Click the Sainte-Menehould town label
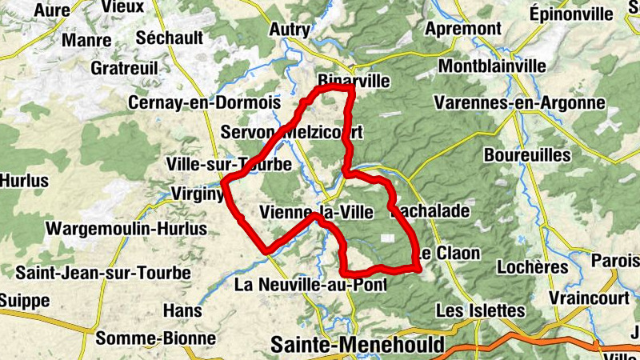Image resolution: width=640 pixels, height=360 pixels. point(357,345)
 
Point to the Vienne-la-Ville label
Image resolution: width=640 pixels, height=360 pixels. point(312,213)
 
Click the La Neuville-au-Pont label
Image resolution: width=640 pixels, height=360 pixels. point(311,285)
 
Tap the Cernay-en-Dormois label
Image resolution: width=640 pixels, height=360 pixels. point(205,103)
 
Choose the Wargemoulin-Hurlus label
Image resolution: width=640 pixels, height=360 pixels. point(126,229)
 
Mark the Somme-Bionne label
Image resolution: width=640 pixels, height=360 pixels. point(156,338)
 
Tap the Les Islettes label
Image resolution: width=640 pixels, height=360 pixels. point(480,310)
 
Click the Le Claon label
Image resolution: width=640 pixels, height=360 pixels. point(448,254)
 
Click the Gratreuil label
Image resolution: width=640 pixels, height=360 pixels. point(124,68)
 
